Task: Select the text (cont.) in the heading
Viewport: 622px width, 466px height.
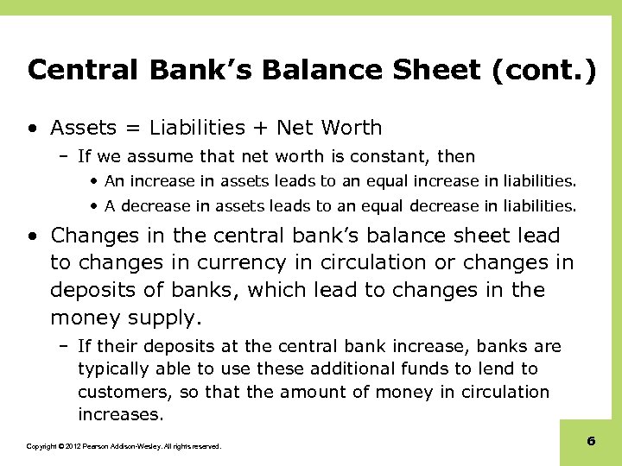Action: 543,70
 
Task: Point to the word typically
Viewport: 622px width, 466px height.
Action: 111,369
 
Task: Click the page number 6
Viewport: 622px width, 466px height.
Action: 591,441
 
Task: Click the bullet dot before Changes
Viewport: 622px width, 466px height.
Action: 32,236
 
